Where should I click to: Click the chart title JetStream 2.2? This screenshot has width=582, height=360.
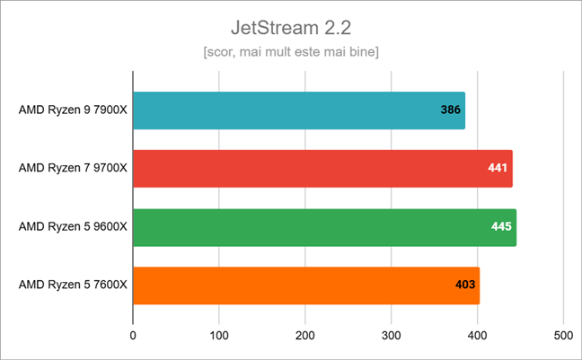point(291,26)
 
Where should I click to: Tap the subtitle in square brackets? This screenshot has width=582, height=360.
point(291,52)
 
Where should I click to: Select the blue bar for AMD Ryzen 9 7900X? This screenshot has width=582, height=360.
point(299,110)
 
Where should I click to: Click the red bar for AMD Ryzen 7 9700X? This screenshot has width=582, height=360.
point(322,169)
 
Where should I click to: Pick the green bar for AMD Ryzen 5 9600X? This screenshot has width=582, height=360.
point(324,227)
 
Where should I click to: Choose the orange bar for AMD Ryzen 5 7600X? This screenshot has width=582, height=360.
point(306,285)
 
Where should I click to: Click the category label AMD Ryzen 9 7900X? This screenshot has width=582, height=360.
point(73,110)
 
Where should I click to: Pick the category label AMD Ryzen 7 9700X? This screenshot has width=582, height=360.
point(73,169)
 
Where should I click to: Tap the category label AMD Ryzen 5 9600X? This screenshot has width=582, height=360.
point(73,227)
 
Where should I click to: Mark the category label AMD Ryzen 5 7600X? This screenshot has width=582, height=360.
point(73,285)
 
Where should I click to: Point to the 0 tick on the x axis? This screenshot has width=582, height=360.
point(133,336)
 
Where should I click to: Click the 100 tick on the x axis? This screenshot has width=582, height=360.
point(219,336)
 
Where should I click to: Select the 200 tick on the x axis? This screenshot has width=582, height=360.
point(305,336)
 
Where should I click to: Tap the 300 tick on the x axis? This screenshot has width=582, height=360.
point(392,336)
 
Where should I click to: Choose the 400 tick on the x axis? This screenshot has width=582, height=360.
point(477,336)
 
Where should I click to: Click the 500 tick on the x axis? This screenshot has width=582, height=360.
point(563,336)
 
